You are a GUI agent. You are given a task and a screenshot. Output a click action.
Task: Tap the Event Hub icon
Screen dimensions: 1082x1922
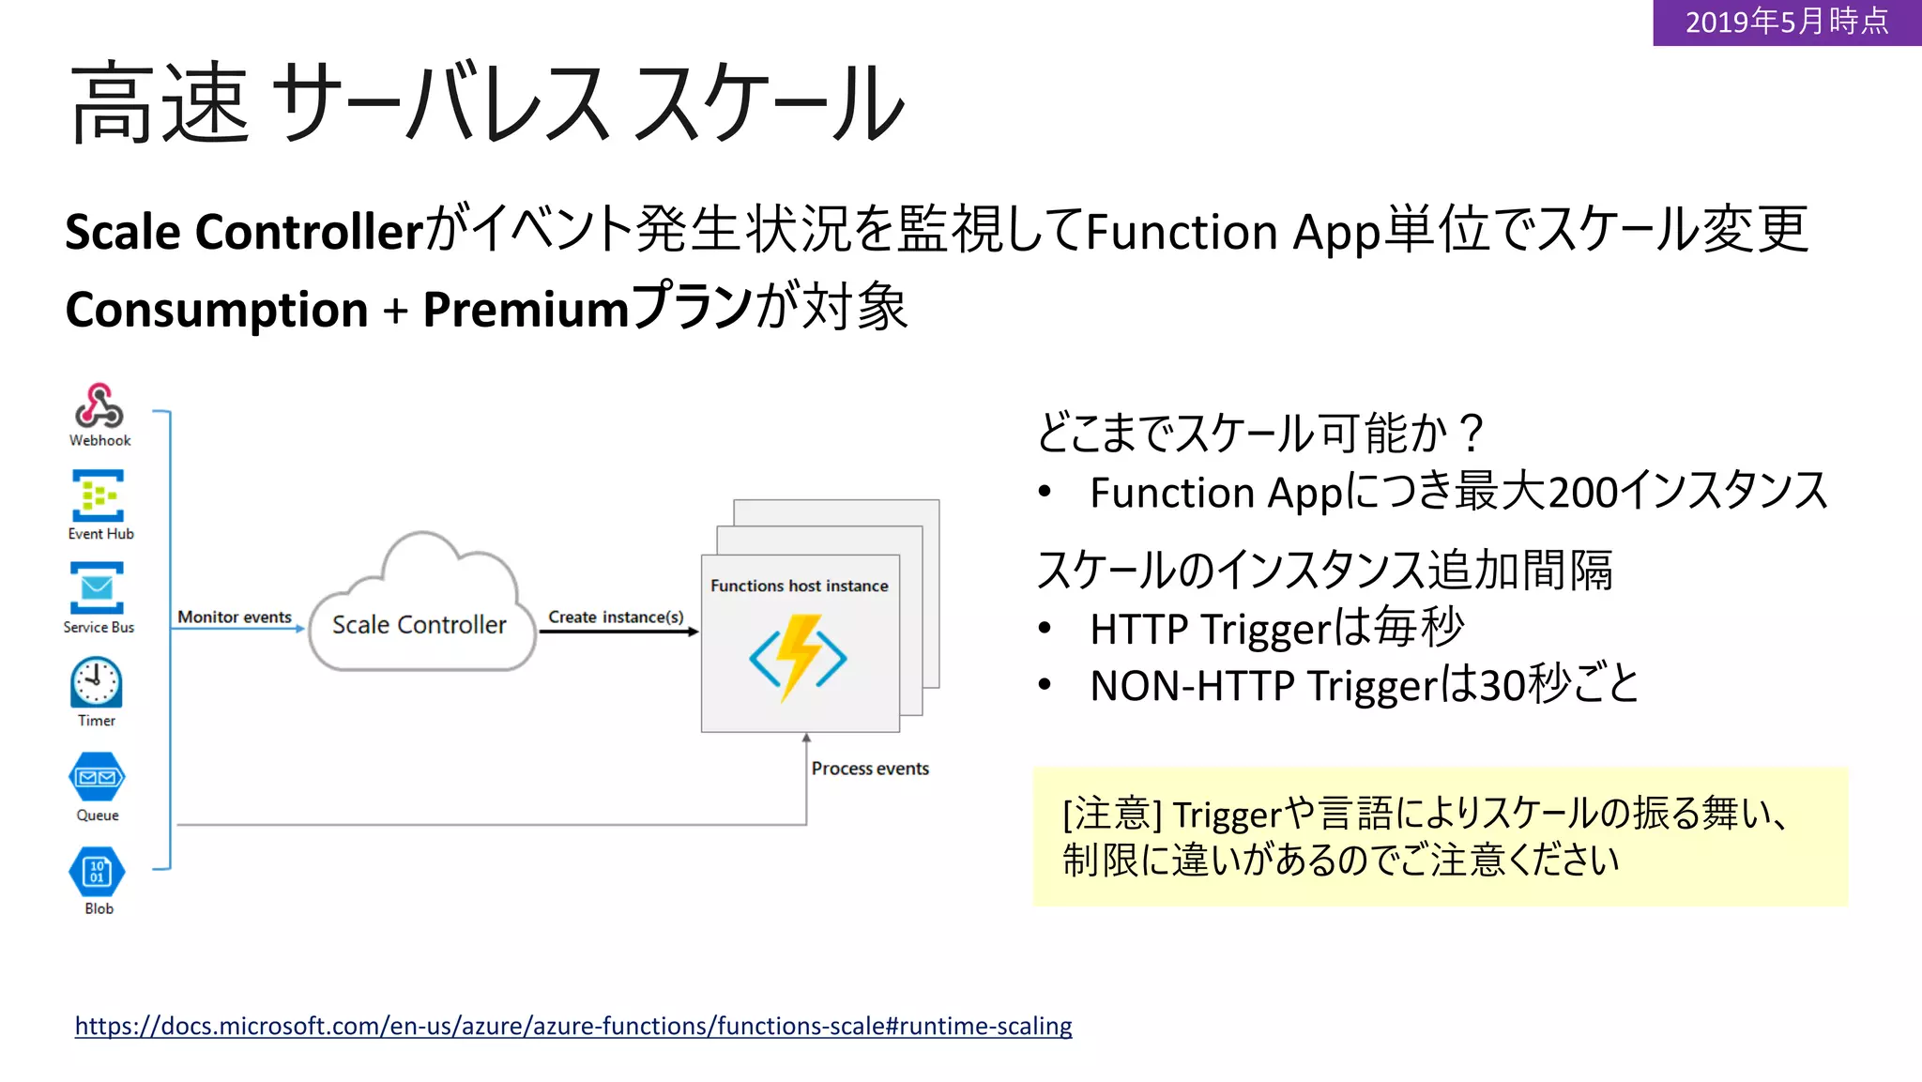click(98, 495)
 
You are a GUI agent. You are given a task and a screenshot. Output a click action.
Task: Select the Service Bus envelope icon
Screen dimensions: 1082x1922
click(97, 587)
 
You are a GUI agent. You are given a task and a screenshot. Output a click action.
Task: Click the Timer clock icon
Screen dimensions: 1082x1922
click(96, 682)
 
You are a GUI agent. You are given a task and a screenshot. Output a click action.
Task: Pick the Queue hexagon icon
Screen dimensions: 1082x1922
click(97, 777)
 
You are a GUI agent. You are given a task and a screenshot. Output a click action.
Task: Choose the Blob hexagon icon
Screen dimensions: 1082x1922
click(97, 872)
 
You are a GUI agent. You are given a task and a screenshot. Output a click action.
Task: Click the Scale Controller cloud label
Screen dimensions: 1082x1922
click(419, 625)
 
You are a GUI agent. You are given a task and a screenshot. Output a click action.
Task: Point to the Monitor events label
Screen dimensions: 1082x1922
click(235, 617)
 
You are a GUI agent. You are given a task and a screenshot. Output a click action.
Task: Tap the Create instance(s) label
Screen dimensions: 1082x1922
click(616, 617)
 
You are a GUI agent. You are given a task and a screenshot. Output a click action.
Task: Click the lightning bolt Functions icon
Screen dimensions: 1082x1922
click(799, 657)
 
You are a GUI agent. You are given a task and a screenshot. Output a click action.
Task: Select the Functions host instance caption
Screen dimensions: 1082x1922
click(799, 586)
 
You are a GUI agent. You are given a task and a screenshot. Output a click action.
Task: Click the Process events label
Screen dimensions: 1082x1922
click(870, 769)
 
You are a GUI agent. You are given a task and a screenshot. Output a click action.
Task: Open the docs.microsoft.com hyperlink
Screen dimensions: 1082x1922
click(572, 1026)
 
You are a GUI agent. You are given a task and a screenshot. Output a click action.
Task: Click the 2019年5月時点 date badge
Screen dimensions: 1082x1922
click(1786, 22)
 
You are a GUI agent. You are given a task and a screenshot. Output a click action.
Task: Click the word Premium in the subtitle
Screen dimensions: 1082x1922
click(526, 310)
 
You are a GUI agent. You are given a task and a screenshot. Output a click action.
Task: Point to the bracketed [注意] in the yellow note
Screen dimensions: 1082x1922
click(1112, 814)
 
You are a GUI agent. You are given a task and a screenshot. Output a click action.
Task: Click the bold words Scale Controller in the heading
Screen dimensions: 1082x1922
click(244, 232)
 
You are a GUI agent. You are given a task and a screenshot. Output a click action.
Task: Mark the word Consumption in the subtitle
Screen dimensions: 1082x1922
click(217, 310)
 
